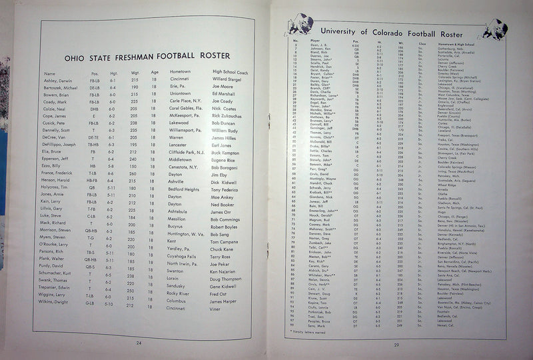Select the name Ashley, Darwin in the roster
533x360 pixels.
point(59,79)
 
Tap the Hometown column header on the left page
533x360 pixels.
point(180,72)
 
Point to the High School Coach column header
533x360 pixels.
point(231,72)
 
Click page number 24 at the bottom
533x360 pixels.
point(139,343)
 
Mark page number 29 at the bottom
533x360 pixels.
point(395,344)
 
